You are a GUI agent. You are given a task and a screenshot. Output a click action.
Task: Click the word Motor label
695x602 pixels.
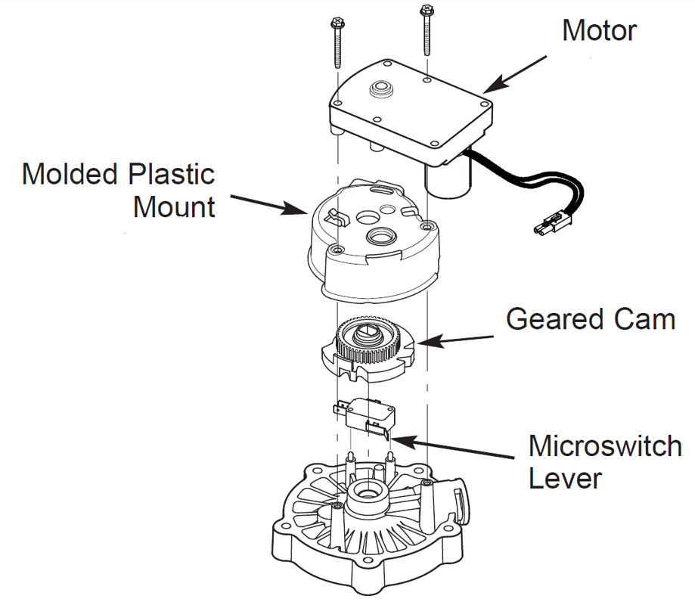coord(599,31)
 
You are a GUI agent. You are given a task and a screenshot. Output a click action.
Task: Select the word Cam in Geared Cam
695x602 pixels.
coord(644,319)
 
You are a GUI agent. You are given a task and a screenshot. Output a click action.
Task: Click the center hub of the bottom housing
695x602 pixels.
coord(368,498)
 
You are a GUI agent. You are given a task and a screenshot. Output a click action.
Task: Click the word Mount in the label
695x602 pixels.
coord(174,206)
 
